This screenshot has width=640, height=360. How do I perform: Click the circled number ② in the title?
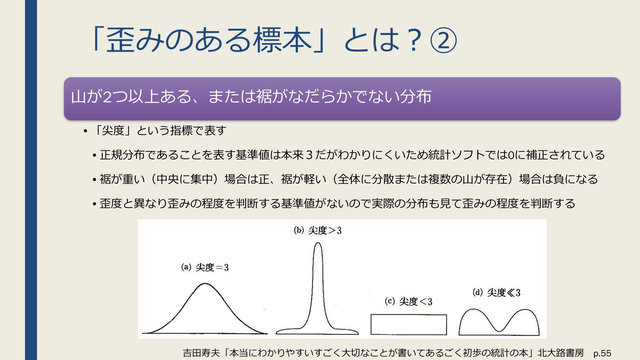click(444, 40)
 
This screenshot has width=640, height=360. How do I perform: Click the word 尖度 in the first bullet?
click(113, 130)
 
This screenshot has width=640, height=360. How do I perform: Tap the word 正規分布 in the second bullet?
click(122, 155)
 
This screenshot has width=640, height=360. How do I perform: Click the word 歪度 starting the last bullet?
click(111, 203)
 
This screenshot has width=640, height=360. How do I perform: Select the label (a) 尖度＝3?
click(205, 267)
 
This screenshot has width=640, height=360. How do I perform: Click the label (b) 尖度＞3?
click(318, 230)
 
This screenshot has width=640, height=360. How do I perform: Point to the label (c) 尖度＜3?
click(408, 301)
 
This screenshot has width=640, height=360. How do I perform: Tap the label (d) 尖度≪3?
click(496, 293)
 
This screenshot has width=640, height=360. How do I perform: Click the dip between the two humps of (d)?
click(499, 331)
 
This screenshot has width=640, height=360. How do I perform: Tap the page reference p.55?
click(602, 353)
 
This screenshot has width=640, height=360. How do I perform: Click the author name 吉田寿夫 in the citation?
click(201, 353)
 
